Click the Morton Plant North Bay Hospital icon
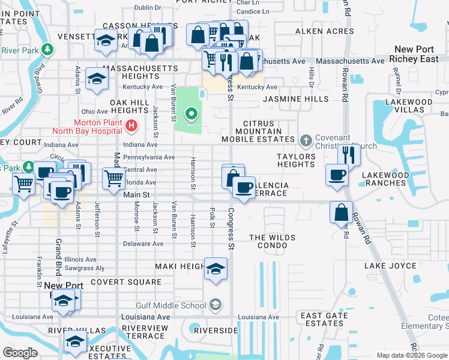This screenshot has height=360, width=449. point(133,127)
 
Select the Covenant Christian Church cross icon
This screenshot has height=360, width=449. point(306,140)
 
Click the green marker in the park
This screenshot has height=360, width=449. point(191,113)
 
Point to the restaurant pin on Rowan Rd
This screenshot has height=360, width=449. point(348,155)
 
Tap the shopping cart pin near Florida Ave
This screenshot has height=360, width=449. point(113,178)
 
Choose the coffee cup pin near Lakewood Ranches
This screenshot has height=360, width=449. point(336,175)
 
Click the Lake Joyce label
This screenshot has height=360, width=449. point(390,266)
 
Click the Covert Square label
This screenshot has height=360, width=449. point(126,282)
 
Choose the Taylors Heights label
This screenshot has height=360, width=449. point(296,160)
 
